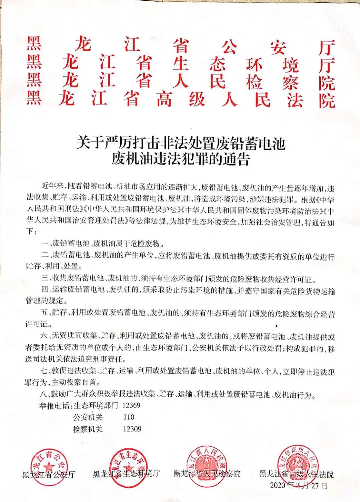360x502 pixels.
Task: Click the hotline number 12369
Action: tap(131, 405)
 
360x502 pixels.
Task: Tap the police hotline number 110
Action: tap(129, 417)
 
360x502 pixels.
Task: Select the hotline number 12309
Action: tap(132, 429)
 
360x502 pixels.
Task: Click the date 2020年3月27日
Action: tap(299, 485)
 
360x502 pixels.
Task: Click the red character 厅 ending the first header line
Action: tap(326, 47)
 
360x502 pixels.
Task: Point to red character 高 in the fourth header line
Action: tap(164, 100)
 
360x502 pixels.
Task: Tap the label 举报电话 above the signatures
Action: tap(54, 406)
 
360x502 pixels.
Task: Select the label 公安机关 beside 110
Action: tap(88, 417)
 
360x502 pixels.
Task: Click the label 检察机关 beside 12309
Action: tap(88, 429)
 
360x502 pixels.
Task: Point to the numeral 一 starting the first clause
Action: tap(45, 243)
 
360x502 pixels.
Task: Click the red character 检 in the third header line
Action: tap(254, 82)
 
